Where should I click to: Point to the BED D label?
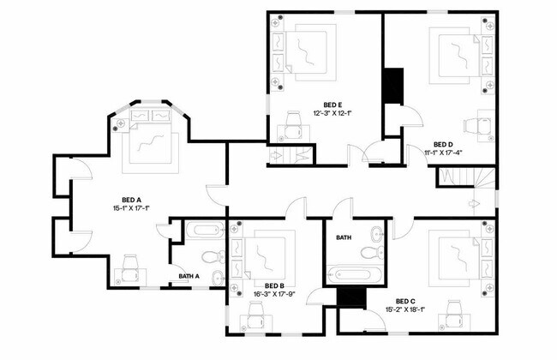pyautogui.click(x=443, y=144)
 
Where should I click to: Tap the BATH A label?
pyautogui.click(x=189, y=276)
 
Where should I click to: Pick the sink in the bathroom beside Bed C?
pyautogui.click(x=378, y=232)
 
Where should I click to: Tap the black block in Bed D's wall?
pyautogui.click(x=392, y=86)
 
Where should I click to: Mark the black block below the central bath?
pyautogui.click(x=350, y=297)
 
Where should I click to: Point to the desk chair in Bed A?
pyautogui.click(x=131, y=266)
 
